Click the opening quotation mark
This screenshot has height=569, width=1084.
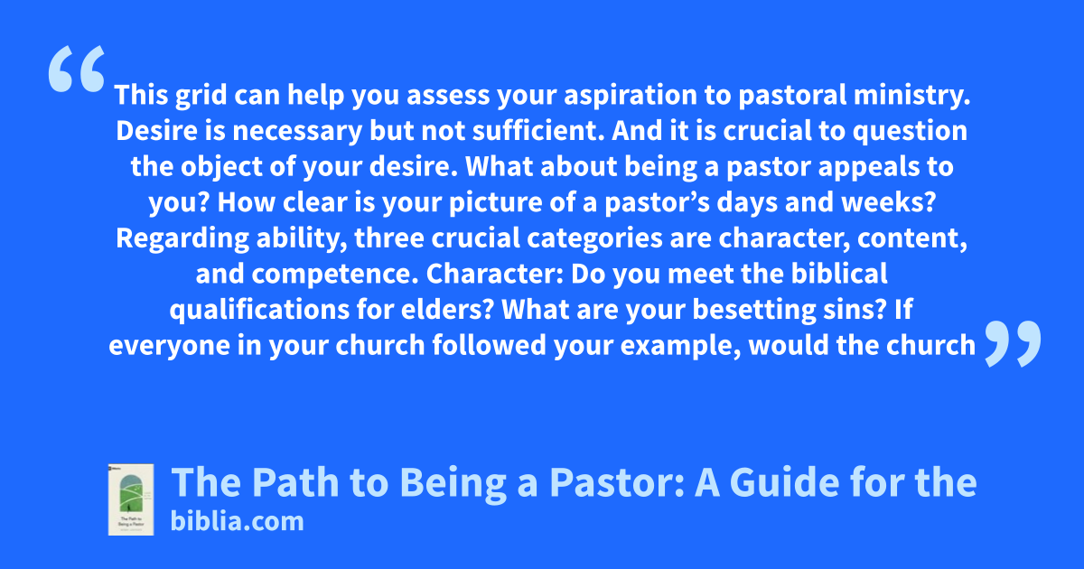tap(77, 69)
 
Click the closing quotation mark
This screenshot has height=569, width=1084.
tap(1013, 343)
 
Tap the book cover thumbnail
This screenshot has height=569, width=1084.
tap(131, 499)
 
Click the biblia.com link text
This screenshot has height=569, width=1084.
tap(237, 521)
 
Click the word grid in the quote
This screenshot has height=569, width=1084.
tap(201, 96)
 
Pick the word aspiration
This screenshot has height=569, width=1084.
tap(631, 96)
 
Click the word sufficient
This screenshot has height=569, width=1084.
tap(538, 131)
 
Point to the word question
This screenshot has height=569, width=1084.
tap(910, 131)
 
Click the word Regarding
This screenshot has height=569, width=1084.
tap(182, 238)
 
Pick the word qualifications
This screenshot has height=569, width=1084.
tap(259, 310)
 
